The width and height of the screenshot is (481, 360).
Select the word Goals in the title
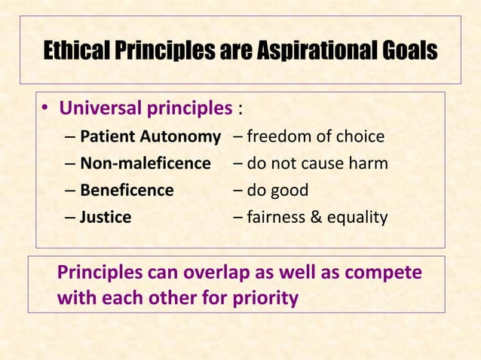point(406,52)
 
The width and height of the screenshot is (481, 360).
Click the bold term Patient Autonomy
point(150,137)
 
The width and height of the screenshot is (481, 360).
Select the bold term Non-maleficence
point(146,163)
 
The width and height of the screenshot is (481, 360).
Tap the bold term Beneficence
point(127,191)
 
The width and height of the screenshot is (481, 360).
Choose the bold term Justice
point(106,218)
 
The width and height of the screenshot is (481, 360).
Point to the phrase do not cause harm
point(317,163)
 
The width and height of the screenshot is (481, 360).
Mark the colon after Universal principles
point(240,111)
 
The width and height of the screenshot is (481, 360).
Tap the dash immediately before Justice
point(70,218)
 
